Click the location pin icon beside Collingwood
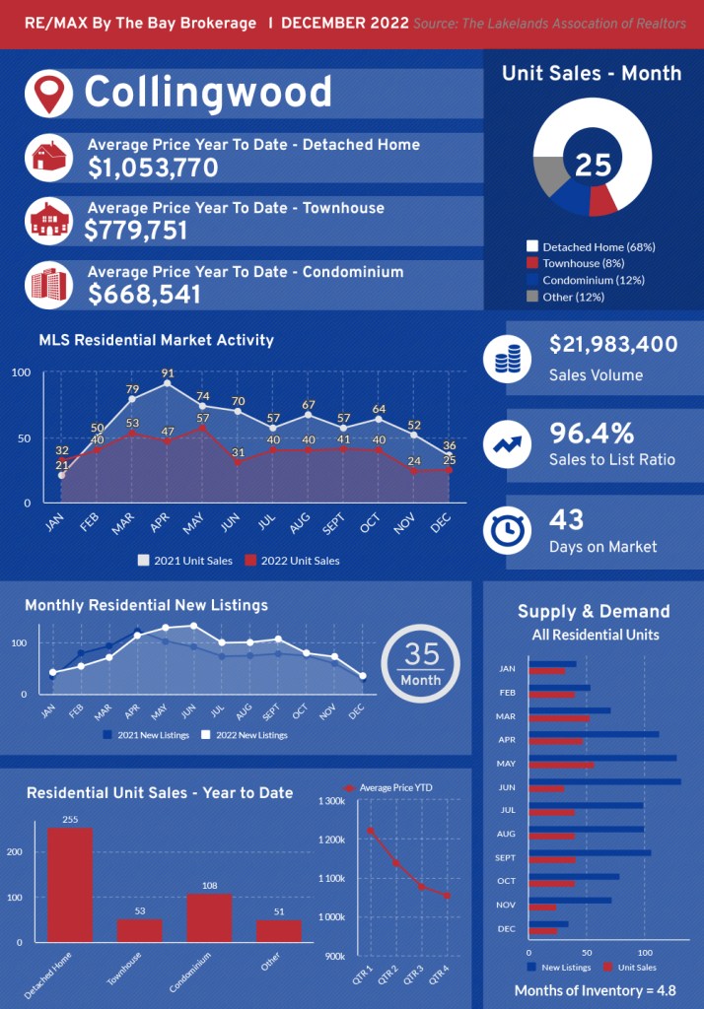click(47, 92)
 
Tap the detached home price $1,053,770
click(153, 168)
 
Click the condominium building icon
click(47, 284)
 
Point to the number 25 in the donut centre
click(593, 165)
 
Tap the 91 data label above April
click(168, 373)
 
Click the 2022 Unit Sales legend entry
click(292, 561)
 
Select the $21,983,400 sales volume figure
click(613, 345)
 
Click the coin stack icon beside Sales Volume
click(508, 359)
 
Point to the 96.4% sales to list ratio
click(592, 433)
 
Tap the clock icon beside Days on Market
click(508, 531)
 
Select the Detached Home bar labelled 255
click(70, 885)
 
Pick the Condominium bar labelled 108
click(209, 917)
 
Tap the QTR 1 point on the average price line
click(371, 831)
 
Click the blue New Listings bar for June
click(604, 782)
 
